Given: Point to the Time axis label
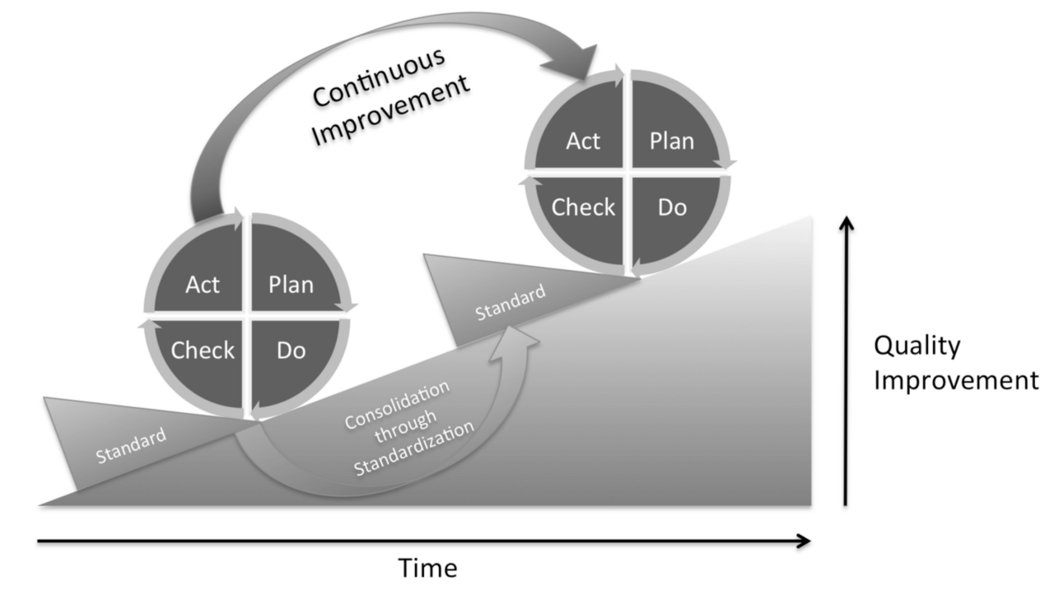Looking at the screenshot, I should tap(427, 569).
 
